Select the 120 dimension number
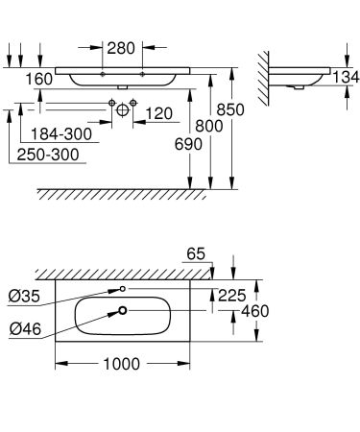point(158,114)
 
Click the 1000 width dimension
point(122,364)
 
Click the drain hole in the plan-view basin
point(122,309)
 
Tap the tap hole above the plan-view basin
point(122,287)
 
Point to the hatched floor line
point(125,194)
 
